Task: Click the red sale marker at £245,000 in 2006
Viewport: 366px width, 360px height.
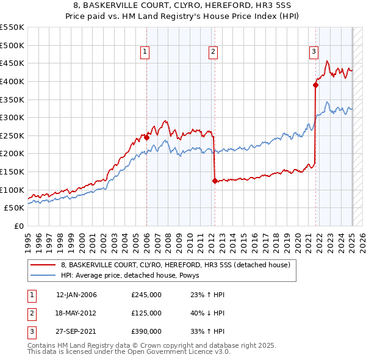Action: point(146,137)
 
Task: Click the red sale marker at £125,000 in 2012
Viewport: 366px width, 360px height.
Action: point(215,181)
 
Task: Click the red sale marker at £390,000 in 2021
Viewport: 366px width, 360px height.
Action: point(316,85)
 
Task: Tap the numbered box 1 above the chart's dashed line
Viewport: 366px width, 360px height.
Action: point(145,52)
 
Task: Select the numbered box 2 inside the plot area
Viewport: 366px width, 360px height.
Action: point(213,52)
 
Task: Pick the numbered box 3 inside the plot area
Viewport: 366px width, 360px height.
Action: point(314,52)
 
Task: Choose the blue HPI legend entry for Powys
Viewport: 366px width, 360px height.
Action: point(134,275)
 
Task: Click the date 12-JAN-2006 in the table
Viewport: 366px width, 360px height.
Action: point(76,295)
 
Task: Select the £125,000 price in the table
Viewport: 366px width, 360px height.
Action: point(146,313)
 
